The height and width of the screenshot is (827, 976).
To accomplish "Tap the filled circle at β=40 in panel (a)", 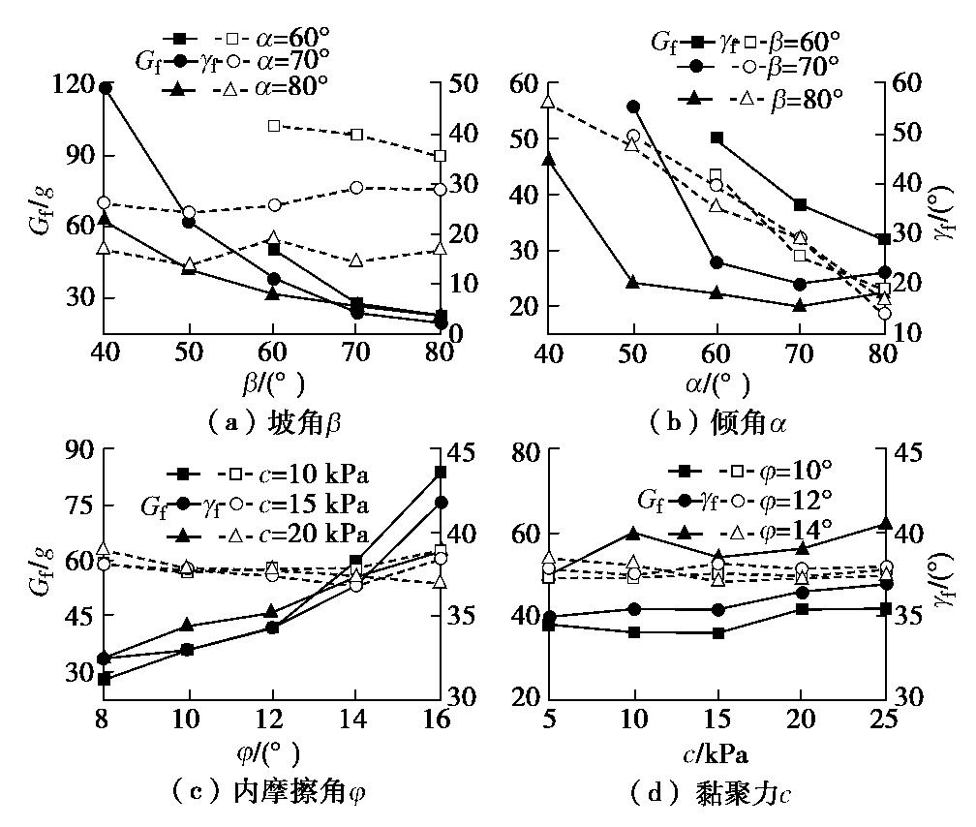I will (x=105, y=88).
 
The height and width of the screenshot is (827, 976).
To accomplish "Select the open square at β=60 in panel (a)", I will (x=274, y=126).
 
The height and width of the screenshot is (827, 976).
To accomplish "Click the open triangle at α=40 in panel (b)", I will (x=548, y=102).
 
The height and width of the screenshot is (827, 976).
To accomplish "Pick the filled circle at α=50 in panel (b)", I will (x=633, y=107).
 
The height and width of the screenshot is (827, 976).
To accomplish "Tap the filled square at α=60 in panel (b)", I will (x=717, y=138).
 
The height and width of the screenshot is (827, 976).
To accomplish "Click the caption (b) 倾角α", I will (x=717, y=423).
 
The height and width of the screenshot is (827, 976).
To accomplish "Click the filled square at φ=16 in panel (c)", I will (x=441, y=473).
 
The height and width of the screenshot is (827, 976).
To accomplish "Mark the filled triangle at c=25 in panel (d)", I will (x=885, y=525).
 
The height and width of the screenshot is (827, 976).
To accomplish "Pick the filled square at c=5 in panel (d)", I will (x=549, y=625).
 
